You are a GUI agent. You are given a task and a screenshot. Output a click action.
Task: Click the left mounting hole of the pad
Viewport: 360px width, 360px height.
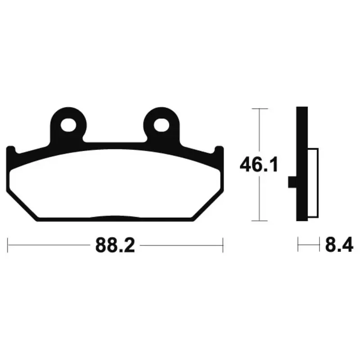pyautogui.click(x=68, y=126)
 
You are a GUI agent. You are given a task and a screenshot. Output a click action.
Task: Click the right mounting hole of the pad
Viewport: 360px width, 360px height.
pyautogui.click(x=162, y=126)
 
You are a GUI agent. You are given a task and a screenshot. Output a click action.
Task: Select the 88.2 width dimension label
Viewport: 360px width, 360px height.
pyautogui.click(x=115, y=245)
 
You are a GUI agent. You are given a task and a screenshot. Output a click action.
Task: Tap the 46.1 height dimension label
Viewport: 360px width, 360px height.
pyautogui.click(x=259, y=164)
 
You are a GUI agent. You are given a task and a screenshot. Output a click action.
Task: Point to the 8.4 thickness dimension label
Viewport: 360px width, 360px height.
pyautogui.click(x=339, y=245)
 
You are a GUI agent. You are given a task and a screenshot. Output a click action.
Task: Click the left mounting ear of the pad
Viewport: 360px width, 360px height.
pyautogui.click(x=68, y=125)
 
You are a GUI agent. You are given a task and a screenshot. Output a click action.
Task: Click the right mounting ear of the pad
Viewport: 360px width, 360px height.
pyautogui.click(x=162, y=125)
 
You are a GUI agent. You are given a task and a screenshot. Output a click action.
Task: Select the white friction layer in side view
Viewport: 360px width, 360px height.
pyautogui.click(x=313, y=183)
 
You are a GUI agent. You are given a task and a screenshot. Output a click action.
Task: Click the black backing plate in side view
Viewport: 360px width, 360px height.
pyautogui.click(x=302, y=164)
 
